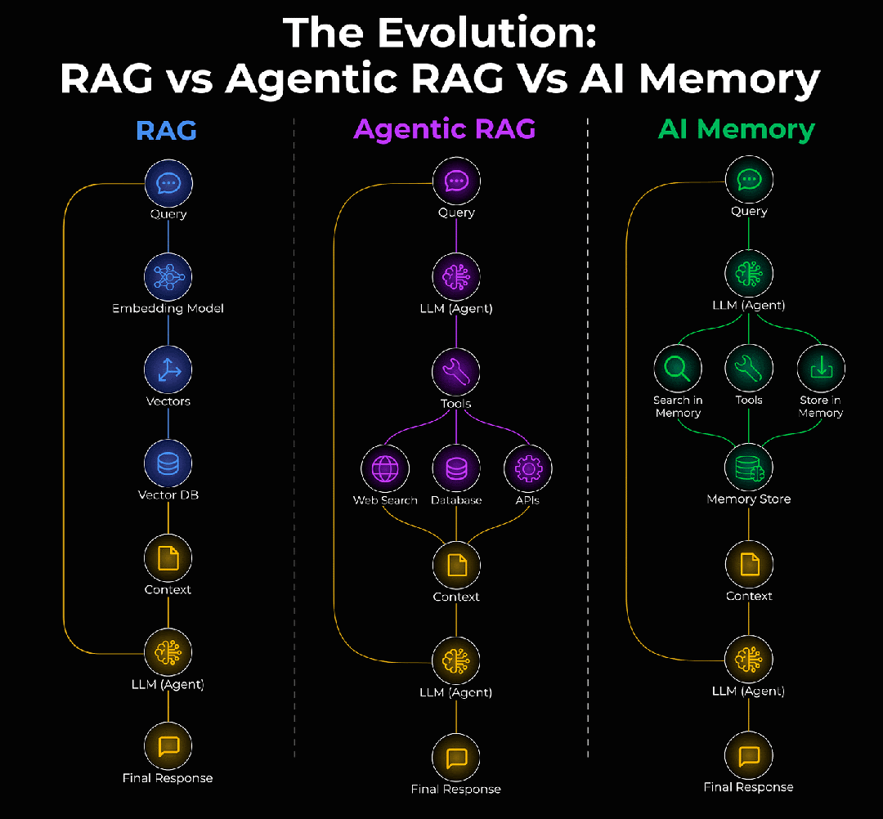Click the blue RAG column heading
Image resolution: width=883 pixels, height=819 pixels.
(166, 130)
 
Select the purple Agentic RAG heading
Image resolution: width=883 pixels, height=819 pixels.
(445, 128)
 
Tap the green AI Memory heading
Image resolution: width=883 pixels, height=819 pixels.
(737, 130)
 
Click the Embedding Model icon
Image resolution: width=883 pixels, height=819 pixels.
(168, 277)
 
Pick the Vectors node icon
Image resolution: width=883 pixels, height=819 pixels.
(168, 369)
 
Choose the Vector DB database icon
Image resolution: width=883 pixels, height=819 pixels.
(168, 463)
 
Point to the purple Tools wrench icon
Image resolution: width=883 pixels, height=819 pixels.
(456, 373)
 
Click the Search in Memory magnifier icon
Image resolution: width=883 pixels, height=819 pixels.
(677, 369)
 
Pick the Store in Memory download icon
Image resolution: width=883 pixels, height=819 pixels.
(821, 369)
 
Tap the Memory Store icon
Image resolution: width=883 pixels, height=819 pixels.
(749, 468)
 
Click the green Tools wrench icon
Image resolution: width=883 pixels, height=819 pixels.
(749, 369)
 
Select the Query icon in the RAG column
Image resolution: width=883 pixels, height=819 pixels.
(168, 183)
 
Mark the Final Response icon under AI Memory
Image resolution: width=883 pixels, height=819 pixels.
(749, 756)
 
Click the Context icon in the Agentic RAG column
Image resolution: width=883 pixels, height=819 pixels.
(456, 565)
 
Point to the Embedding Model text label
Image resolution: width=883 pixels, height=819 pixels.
(168, 309)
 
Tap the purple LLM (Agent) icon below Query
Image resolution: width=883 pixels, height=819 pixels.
(456, 277)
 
